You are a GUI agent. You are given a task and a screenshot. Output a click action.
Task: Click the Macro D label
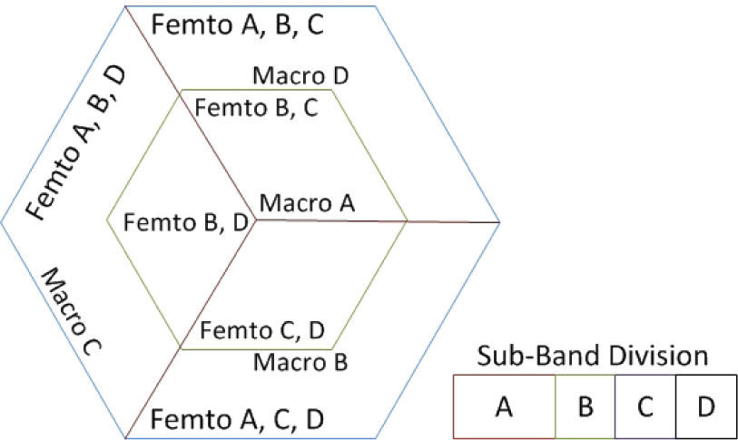click(x=300, y=74)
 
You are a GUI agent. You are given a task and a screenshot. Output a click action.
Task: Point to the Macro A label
click(x=306, y=203)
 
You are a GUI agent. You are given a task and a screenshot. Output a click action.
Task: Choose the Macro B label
click(x=300, y=363)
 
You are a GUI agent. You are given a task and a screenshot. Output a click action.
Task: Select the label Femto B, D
click(x=186, y=222)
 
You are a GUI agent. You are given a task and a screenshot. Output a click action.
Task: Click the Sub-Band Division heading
click(x=593, y=355)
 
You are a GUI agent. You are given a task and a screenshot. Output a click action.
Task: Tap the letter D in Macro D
click(x=341, y=74)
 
